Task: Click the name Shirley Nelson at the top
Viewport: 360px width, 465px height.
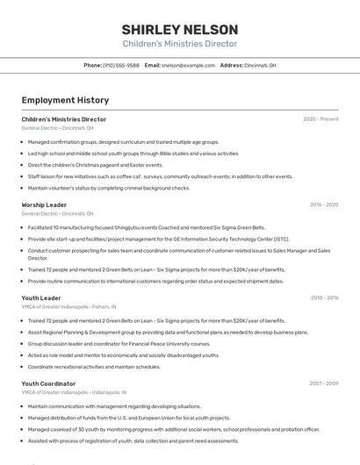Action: tap(179, 29)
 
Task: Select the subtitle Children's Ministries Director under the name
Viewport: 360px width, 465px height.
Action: tap(179, 44)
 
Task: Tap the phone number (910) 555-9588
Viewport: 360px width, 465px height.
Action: tap(121, 65)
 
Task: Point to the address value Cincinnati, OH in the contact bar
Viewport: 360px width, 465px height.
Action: tap(260, 65)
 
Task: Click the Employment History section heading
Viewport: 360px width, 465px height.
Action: tap(65, 100)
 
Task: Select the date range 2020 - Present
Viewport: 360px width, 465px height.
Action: tap(320, 119)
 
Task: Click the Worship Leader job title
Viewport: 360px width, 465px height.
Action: tap(44, 204)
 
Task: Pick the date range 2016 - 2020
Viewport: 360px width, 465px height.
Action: tap(324, 204)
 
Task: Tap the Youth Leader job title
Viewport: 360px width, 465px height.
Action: tap(41, 298)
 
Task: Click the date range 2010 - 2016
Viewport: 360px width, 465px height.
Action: tap(324, 298)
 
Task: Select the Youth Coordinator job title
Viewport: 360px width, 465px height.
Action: tap(48, 383)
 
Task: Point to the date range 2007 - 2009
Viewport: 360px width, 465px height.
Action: tap(324, 383)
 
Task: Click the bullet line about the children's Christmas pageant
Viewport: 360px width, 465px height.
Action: tap(95, 164)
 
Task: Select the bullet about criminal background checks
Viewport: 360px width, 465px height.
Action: tap(108, 187)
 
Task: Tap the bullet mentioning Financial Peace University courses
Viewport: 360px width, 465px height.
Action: tap(119, 343)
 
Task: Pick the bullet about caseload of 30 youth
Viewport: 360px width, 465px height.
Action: tap(173, 429)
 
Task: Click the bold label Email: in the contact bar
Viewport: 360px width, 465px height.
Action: tap(153, 65)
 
